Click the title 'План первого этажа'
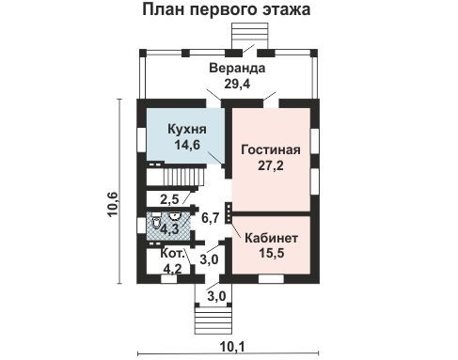point(229,11)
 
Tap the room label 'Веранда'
point(237,69)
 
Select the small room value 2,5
point(170,199)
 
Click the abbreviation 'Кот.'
point(171,254)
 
